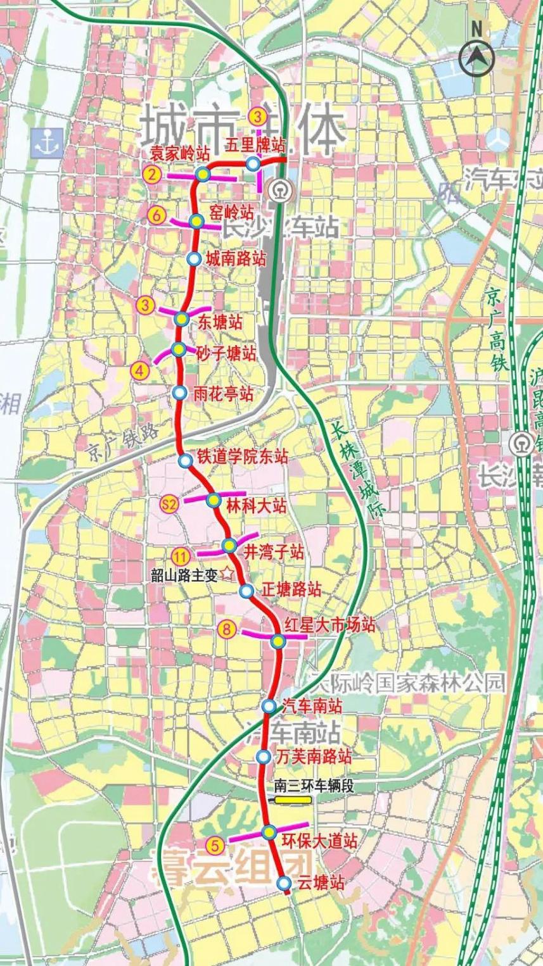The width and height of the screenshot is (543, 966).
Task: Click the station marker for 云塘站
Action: pyautogui.click(x=284, y=882)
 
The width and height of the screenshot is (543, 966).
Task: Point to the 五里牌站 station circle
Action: pyautogui.click(x=253, y=164)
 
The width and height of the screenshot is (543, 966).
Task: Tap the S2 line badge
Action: pyautogui.click(x=169, y=504)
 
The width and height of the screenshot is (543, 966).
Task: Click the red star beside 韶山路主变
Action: pyautogui.click(x=227, y=575)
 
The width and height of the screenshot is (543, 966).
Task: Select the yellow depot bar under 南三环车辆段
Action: pyautogui.click(x=293, y=800)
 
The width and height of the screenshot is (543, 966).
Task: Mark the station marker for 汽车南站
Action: pyautogui.click(x=269, y=706)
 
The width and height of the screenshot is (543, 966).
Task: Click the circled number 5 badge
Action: pyautogui.click(x=215, y=844)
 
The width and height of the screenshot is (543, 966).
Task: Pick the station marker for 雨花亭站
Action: pyautogui.click(x=180, y=393)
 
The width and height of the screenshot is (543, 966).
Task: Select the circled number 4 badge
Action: pyautogui.click(x=140, y=370)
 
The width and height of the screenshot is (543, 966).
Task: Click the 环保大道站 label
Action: pyautogui.click(x=318, y=841)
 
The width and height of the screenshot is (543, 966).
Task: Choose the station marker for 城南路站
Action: pyautogui.click(x=195, y=258)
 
